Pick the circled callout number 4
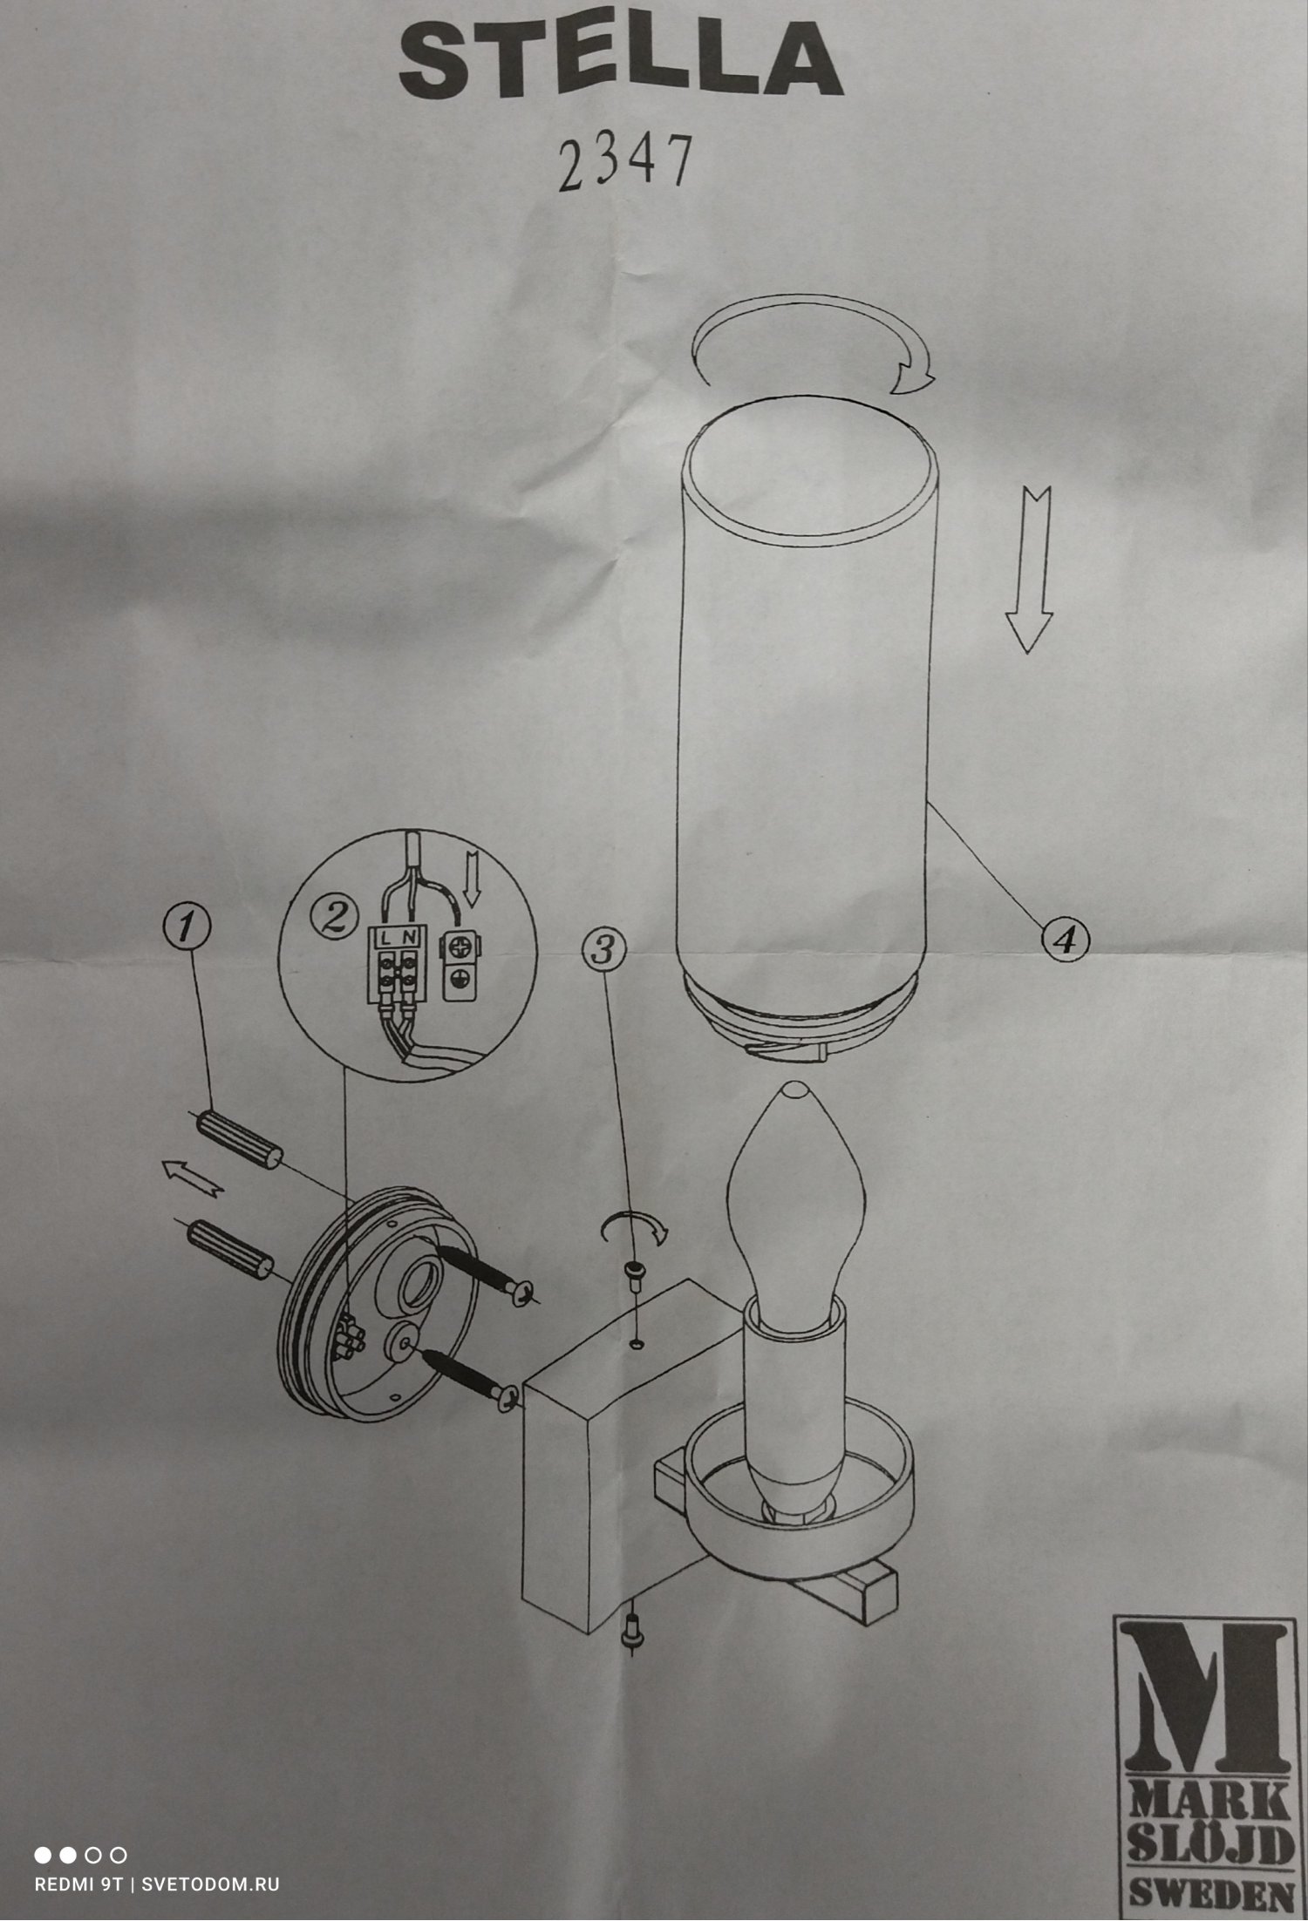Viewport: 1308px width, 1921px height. pyautogui.click(x=1065, y=938)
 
